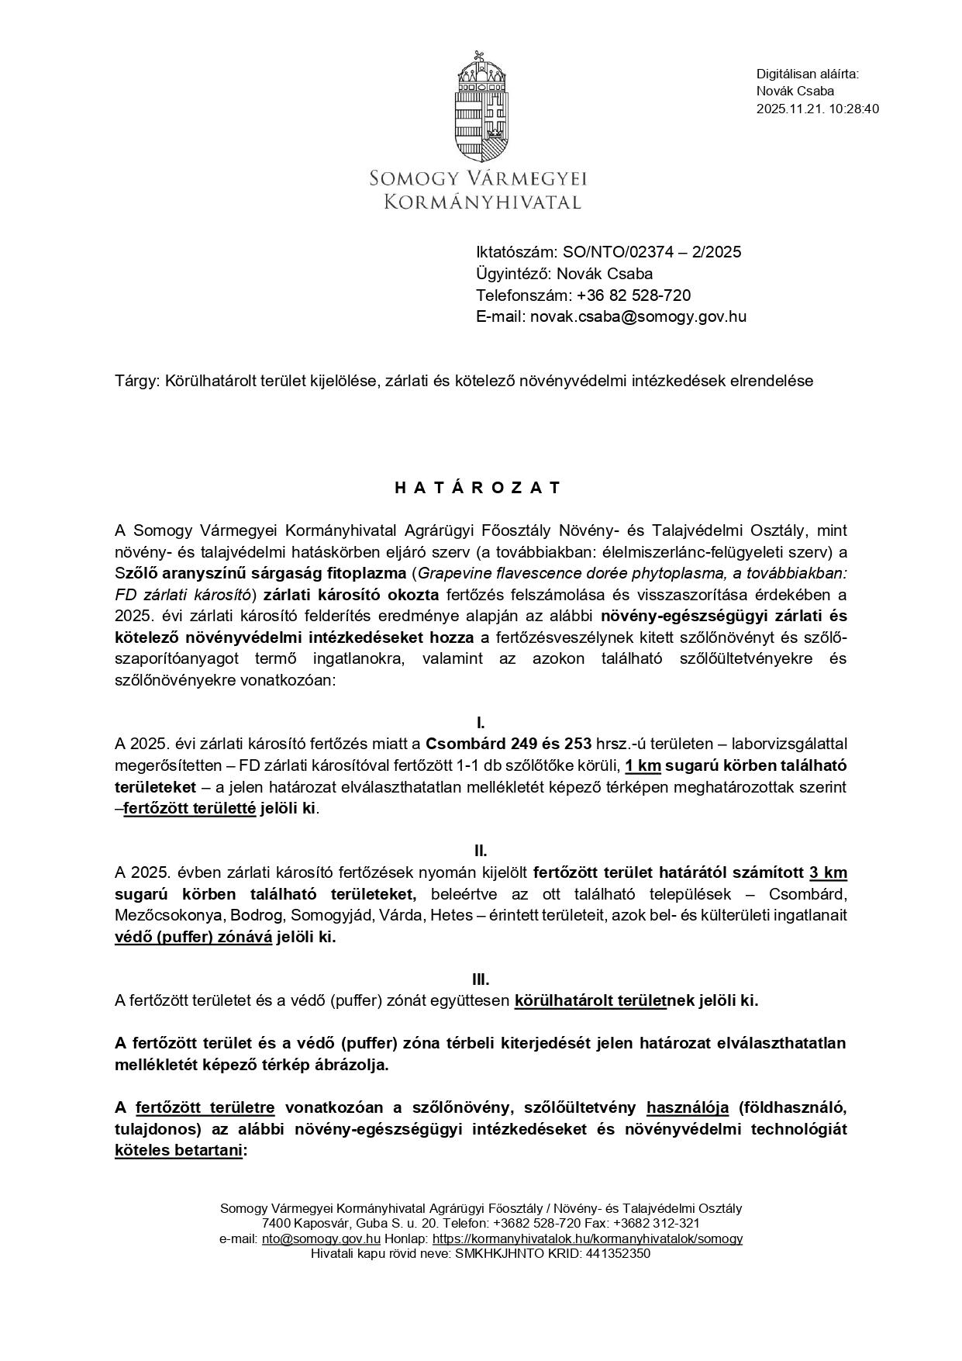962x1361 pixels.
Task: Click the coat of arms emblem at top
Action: pos(481,106)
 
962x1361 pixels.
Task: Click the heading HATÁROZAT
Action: pos(478,488)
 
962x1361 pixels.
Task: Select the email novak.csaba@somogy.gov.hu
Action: pos(638,316)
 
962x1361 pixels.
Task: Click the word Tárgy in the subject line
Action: pos(136,381)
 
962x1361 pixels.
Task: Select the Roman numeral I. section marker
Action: pos(481,724)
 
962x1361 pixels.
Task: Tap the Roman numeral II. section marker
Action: pos(481,851)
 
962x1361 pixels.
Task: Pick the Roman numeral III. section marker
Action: pos(481,979)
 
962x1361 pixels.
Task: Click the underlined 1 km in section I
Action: pos(643,765)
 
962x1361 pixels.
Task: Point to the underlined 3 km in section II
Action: pos(828,872)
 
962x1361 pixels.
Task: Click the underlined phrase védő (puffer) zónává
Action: pos(193,937)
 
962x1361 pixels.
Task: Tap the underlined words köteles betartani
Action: pos(178,1151)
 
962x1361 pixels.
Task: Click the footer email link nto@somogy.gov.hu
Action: pos(321,1238)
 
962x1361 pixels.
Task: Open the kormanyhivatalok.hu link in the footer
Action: pos(587,1238)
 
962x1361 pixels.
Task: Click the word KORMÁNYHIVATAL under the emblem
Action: pos(483,202)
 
